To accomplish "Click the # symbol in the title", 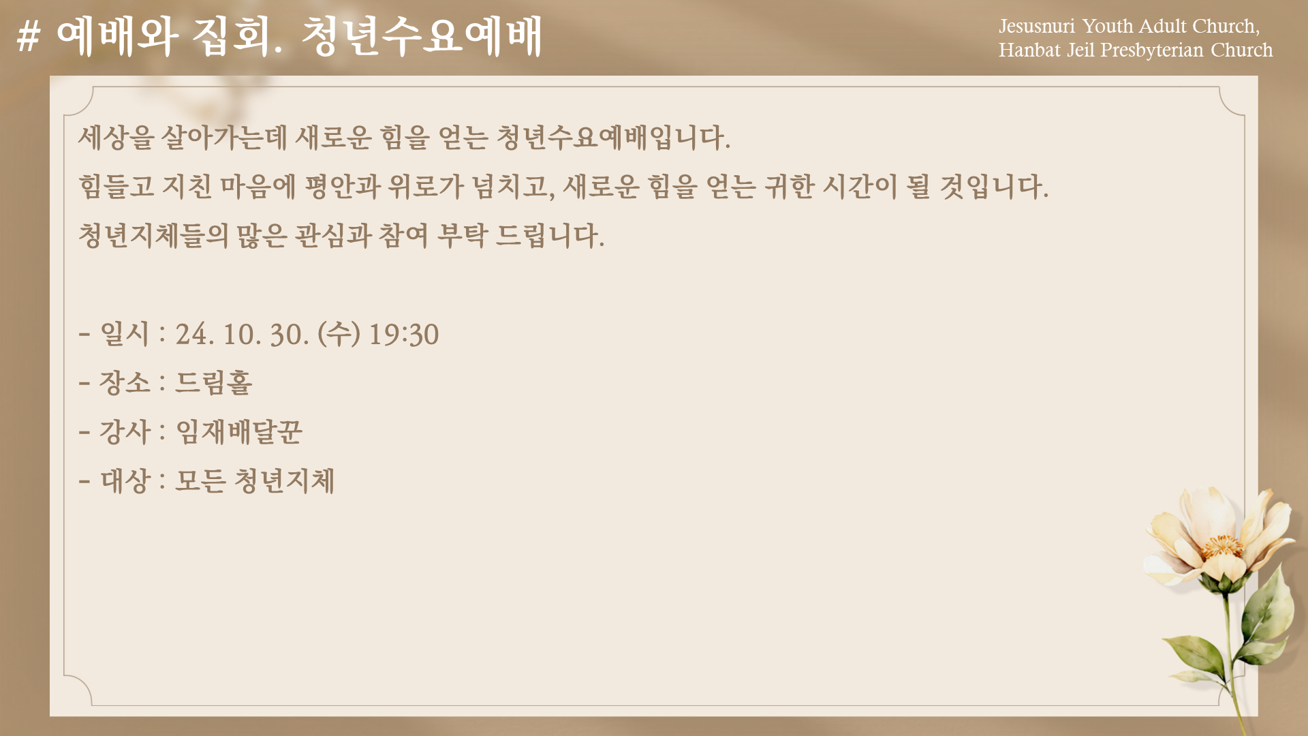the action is point(28,36).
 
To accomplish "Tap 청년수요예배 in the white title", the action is point(422,36).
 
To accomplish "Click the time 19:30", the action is point(404,335).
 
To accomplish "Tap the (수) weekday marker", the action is point(339,334).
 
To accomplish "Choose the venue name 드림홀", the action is point(214,382).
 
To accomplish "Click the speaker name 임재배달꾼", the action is point(239,431).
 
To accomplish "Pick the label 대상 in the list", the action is point(125,480).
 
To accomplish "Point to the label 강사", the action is point(125,431).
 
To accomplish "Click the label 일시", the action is point(125,334).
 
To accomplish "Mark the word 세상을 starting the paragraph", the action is point(116,138).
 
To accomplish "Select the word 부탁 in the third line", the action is point(463,236).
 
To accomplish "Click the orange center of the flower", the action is point(1222,546).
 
